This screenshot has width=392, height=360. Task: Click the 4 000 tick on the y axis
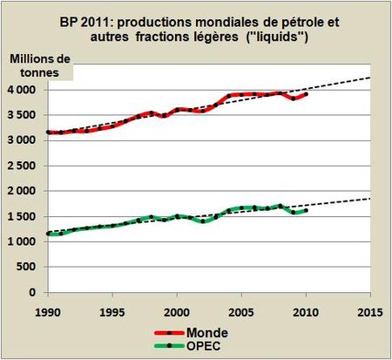click(x=25, y=90)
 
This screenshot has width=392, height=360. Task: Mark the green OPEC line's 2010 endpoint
click(x=305, y=210)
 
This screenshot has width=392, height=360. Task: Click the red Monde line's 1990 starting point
click(x=48, y=132)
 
